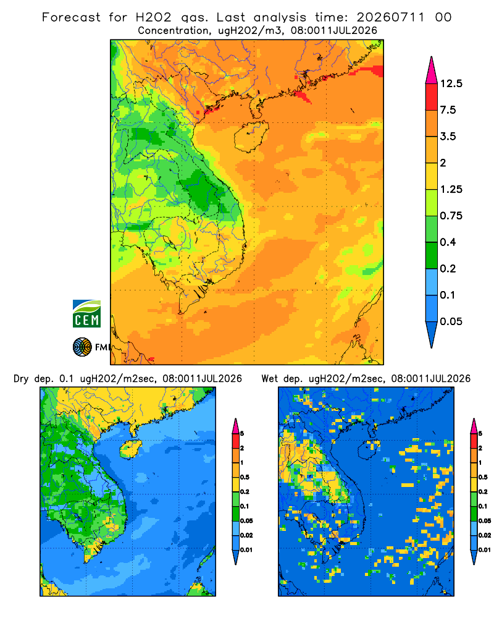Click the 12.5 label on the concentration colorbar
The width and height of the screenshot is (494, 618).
451,83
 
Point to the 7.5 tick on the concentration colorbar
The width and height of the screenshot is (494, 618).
448,109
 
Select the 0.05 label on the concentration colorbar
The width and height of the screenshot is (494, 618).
451,321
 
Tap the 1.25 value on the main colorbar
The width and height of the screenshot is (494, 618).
451,189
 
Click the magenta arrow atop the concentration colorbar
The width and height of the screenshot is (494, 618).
432,70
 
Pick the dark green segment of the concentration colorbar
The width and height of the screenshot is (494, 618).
432,255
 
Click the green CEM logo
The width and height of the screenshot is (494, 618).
86,314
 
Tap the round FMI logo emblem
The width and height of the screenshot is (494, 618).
82,347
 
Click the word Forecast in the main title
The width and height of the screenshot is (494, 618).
71,17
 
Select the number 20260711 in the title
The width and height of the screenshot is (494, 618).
390,17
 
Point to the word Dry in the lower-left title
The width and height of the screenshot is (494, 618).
21,379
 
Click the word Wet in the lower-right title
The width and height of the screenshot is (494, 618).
270,379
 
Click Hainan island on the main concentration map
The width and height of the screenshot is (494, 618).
251,136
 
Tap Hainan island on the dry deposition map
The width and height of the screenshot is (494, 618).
130,449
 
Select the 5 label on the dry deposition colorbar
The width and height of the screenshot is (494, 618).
242,434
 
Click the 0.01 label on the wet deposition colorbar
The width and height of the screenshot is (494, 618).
485,550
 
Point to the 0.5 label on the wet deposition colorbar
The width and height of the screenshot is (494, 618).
483,477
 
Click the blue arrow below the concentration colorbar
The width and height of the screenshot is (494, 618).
432,334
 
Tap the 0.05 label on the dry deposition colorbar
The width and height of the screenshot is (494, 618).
246,520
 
